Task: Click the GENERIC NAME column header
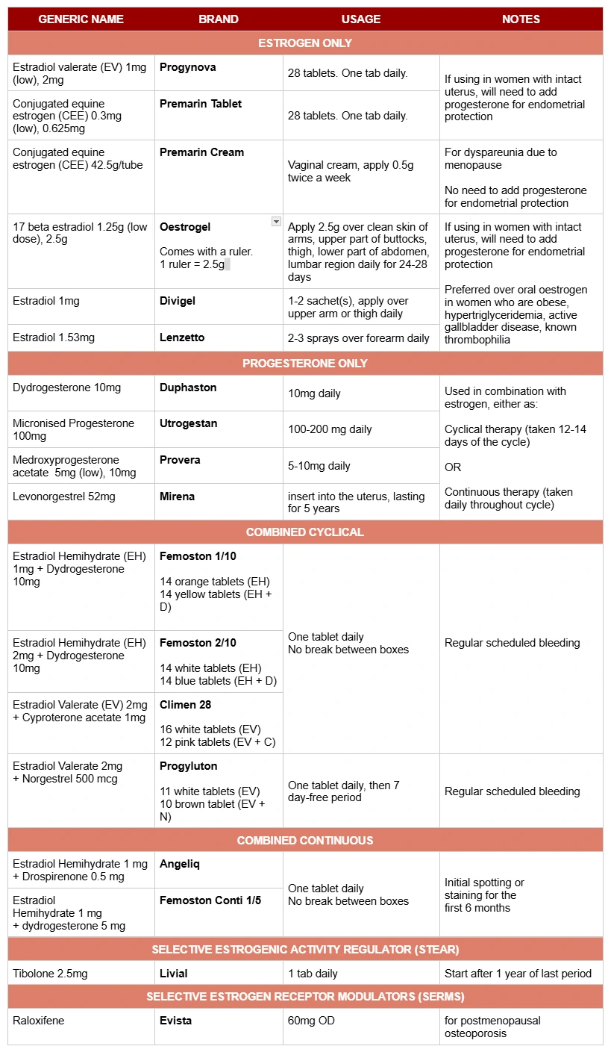pos(81,19)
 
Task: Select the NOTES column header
pos(521,19)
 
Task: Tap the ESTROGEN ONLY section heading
pos(305,43)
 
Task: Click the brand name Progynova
pos(188,67)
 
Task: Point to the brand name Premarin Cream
pos(201,152)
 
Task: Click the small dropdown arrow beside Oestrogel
pos(276,222)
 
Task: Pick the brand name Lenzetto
pos(182,337)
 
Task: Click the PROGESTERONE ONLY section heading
pos(305,364)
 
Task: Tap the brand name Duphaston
pos(188,388)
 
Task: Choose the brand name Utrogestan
pos(189,423)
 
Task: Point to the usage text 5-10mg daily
pos(319,466)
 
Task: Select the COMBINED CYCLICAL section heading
pos(305,532)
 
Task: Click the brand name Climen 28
pos(186,705)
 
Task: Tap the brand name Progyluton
pos(188,766)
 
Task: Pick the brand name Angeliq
pos(180,864)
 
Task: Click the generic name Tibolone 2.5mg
pos(50,974)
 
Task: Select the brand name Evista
pos(176,1021)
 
